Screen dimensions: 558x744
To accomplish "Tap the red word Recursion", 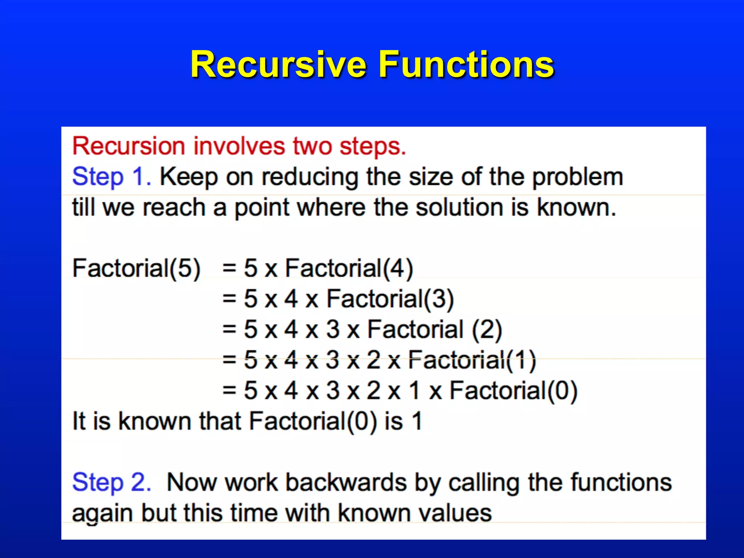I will click(x=129, y=146).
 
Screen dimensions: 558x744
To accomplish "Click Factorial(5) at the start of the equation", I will click(x=136, y=268).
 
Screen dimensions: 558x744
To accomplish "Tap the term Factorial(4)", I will click(x=349, y=268).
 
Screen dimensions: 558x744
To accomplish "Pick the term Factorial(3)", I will click(x=390, y=299).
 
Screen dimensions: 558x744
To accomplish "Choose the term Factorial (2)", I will click(x=434, y=330).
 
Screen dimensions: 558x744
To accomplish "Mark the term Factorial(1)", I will click(x=472, y=360).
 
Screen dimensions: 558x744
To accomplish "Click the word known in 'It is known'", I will click(x=155, y=421).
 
